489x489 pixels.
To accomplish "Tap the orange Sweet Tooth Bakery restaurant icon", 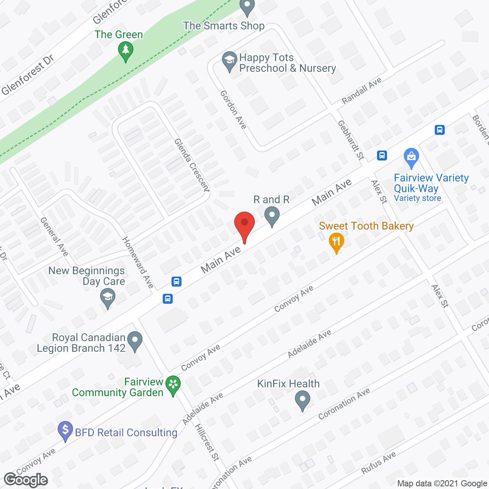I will click(336, 241).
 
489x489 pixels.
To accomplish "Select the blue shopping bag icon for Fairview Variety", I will click(411, 157).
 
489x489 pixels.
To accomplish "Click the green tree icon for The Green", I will click(125, 50).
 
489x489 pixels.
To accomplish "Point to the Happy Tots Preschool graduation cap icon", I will click(230, 60).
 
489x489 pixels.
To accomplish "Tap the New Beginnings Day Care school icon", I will click(108, 297).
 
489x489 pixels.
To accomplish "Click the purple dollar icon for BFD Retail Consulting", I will click(65, 430).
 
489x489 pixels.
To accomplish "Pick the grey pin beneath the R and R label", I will click(272, 216).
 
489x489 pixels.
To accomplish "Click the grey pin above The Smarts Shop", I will click(247, 6).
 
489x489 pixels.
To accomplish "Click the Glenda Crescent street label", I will click(192, 165).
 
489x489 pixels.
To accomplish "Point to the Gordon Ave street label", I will click(233, 110).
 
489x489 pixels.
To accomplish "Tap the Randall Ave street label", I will click(361, 91).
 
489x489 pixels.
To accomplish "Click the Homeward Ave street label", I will click(138, 262).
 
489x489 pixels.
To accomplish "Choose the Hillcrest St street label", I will click(207, 442).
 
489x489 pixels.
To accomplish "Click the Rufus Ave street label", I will click(378, 463).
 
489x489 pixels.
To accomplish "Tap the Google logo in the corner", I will click(26, 480).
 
